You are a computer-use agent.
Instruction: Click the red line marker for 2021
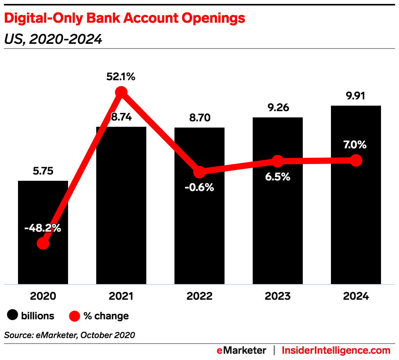(x=121, y=92)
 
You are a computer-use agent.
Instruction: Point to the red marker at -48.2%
(x=43, y=243)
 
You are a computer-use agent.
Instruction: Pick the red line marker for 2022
(x=199, y=172)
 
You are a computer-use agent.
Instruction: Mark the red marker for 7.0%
(x=356, y=160)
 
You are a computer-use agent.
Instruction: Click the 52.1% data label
(x=121, y=77)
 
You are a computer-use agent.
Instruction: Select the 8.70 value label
(x=199, y=117)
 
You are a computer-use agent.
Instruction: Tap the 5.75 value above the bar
(x=43, y=171)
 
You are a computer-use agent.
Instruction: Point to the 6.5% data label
(x=277, y=177)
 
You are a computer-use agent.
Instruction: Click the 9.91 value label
(x=356, y=96)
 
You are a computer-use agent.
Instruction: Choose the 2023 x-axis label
(x=277, y=296)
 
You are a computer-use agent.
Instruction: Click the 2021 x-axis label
(x=121, y=296)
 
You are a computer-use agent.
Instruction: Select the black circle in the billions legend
(x=13, y=315)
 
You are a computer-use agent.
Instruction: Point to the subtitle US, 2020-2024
(x=53, y=39)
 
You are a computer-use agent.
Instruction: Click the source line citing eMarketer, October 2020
(x=70, y=335)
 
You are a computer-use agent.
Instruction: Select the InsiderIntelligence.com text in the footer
(x=336, y=350)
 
